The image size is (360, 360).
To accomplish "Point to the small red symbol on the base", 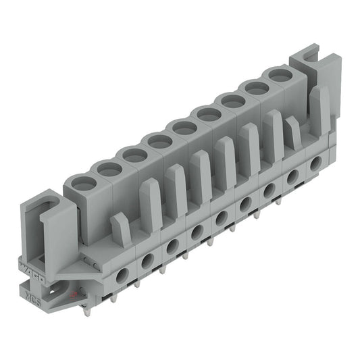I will click(70, 295).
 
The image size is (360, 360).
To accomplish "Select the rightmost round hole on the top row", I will click(279, 75).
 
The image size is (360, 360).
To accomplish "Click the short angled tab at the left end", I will click(120, 228).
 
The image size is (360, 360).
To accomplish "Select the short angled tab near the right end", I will click(292, 131).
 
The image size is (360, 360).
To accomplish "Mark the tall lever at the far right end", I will click(319, 108).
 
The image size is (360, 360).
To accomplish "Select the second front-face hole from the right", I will click(292, 177).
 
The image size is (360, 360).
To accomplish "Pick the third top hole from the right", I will click(233, 101).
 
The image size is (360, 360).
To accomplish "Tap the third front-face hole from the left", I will click(173, 246).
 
